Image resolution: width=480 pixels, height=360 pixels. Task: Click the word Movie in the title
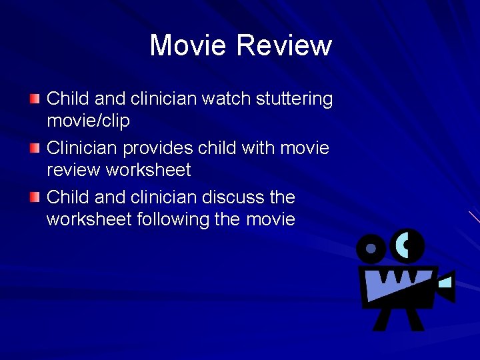pos(189,46)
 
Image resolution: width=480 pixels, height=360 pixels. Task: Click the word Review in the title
pos(284,46)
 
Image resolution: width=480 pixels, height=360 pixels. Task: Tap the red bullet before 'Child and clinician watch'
pos(35,99)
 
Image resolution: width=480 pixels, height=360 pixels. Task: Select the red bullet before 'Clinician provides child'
pos(35,148)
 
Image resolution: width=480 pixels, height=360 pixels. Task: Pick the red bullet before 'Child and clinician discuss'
pos(35,197)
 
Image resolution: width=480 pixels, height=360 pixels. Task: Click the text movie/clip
pos(88,121)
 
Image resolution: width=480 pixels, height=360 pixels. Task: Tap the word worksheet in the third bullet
pos(89,219)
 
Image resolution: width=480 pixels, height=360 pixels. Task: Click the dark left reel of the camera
pos(371,249)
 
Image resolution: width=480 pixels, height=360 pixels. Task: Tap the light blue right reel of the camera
pos(407,245)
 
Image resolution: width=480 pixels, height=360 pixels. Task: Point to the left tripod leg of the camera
pos(383,319)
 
